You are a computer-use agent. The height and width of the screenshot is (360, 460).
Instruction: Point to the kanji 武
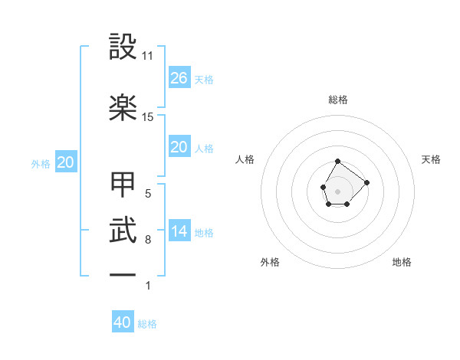coord(123,230)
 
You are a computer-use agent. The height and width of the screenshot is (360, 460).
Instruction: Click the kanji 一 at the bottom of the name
coord(123,275)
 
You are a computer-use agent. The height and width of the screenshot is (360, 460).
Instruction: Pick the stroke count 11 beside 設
coord(148,56)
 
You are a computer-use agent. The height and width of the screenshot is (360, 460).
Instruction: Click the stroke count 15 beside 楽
coord(148,116)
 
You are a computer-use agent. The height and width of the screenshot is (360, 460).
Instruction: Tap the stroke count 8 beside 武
coord(148,240)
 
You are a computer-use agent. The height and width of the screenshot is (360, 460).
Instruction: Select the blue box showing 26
coord(179,78)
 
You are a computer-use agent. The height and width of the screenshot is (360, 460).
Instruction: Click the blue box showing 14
coord(179,232)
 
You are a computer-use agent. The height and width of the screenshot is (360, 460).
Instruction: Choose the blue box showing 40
coord(123,322)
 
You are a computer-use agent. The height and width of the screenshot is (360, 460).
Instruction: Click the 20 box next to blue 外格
coord(65,162)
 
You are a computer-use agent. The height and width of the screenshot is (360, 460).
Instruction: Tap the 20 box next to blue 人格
coord(179,147)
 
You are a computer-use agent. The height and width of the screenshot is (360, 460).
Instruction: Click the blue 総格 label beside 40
coord(147,324)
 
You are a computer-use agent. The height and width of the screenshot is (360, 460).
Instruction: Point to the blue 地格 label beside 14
coord(204,233)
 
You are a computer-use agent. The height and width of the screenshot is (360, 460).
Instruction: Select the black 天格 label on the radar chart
coord(432,159)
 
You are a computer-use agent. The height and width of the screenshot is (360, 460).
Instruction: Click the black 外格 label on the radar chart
coord(270,262)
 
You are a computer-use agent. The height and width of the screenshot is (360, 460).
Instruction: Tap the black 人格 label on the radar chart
coord(245,159)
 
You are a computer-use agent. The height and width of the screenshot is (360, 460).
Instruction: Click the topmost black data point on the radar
coord(337,162)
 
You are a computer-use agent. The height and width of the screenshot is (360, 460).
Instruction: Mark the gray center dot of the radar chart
coord(337,190)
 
